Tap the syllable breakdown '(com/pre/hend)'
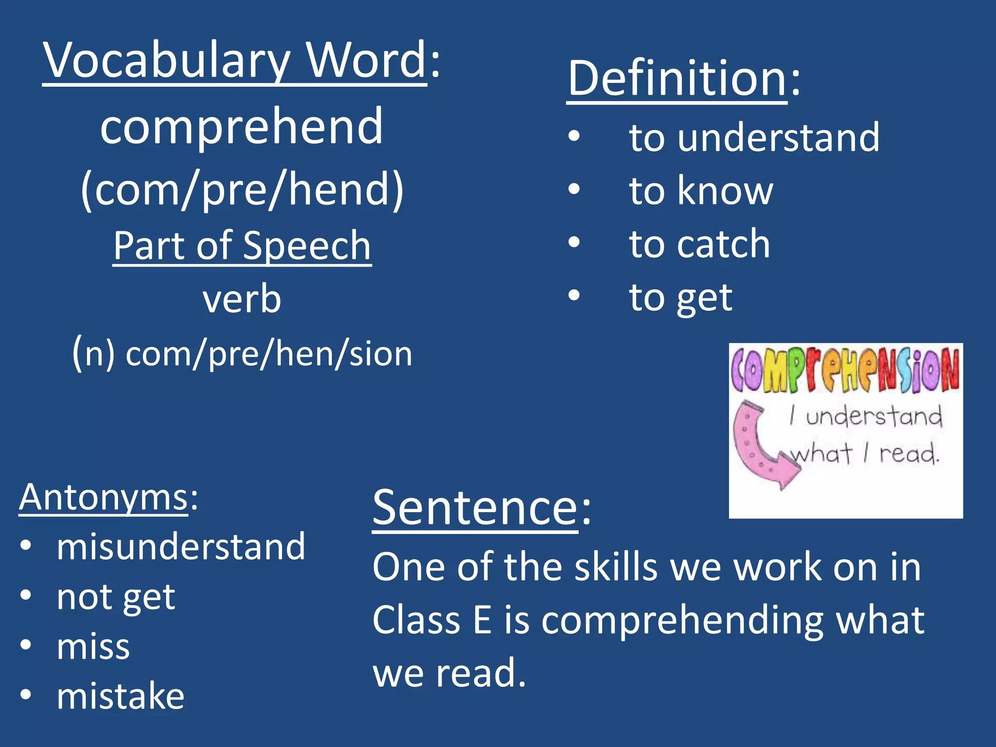[242, 190]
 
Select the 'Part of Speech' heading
[242, 246]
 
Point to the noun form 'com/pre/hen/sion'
[268, 354]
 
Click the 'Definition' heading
[677, 79]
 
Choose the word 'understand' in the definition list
[778, 138]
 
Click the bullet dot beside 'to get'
[574, 295]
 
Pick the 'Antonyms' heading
[103, 498]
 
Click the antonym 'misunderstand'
[181, 547]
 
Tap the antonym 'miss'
[93, 647]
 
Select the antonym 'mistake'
[121, 696]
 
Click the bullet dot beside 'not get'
[26, 595]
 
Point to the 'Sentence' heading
[475, 508]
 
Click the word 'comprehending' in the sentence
[682, 621]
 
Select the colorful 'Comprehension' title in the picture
[845, 370]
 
